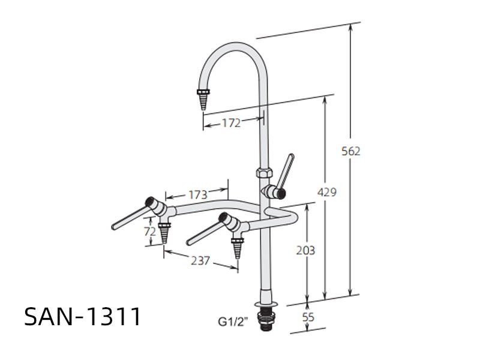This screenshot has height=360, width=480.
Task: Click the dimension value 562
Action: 351,151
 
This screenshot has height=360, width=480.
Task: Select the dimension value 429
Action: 326,192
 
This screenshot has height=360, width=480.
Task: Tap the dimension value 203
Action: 305,250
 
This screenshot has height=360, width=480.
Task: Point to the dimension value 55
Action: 308,317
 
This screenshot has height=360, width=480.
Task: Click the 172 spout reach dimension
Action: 232,123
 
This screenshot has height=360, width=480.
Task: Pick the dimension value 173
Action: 198,194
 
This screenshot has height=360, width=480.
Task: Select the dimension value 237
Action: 200,260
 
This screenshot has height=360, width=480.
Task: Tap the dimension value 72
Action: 150,232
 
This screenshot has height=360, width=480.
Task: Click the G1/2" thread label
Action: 233,322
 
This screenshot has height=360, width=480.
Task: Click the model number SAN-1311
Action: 83,316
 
